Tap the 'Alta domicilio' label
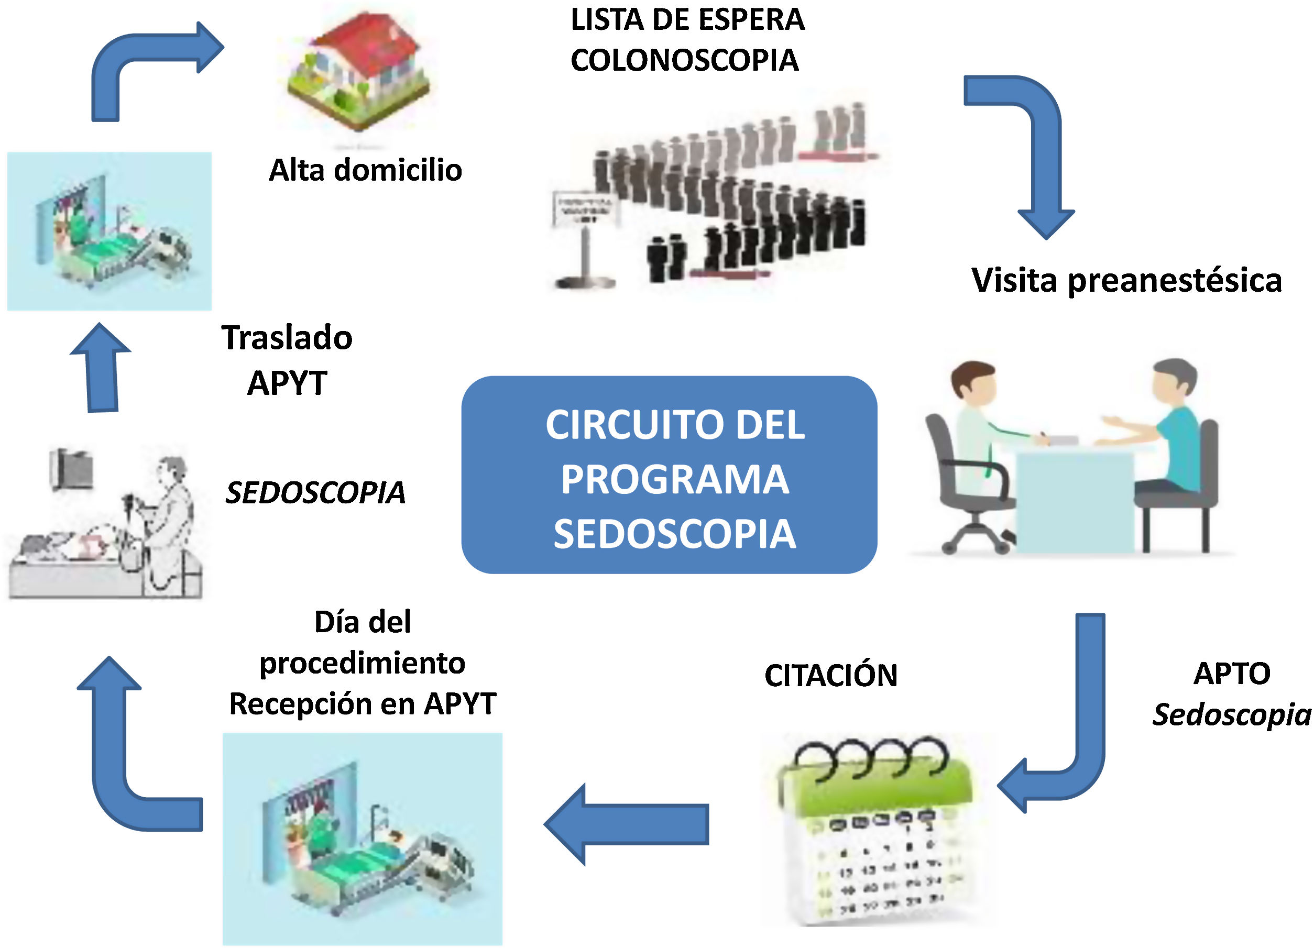pos(365,170)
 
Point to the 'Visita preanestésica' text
pos(1126,281)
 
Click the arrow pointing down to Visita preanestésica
pos(1037,150)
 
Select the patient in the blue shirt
pos(1170,428)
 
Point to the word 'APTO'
pos(1232,674)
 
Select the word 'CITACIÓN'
pos(831,676)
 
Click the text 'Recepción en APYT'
pos(363,704)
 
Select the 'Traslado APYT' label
pos(287,360)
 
